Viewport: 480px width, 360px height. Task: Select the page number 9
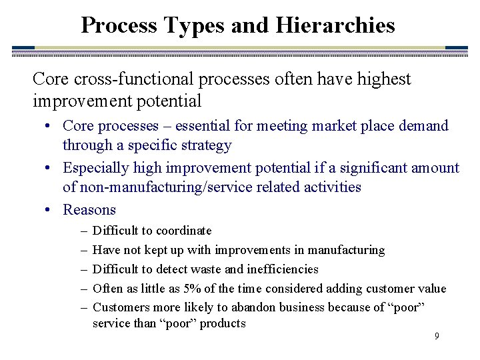(437, 336)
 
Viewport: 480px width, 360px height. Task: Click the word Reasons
(89, 209)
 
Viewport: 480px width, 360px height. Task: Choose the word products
(224, 323)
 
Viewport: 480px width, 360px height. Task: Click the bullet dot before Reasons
(51, 210)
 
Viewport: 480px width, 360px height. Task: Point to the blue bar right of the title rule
(456, 48)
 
